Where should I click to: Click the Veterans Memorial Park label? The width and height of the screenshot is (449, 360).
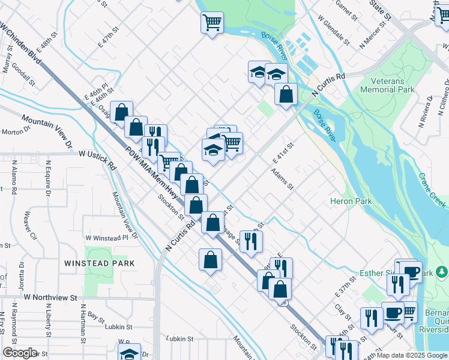pos(387,85)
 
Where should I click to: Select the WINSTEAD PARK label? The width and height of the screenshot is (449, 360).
pos(100,263)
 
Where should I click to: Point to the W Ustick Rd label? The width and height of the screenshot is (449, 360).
pos(97,154)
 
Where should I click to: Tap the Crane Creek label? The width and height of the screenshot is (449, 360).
pos(432,191)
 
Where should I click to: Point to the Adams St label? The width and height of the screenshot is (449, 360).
pos(282,178)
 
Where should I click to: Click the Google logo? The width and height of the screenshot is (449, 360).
pos(20,353)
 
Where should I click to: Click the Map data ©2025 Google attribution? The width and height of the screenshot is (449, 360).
pos(412,355)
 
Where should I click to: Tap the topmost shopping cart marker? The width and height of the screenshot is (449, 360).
pos(212,23)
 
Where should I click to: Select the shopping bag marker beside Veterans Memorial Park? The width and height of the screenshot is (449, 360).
pos(286,94)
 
